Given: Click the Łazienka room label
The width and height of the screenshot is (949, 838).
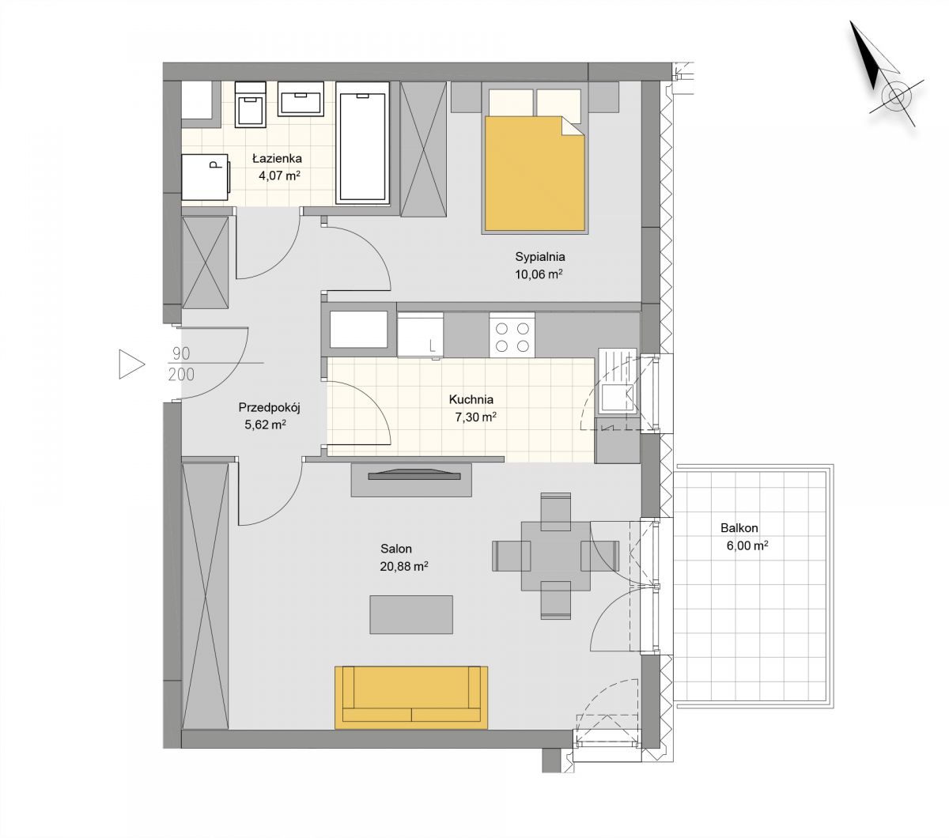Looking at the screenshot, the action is point(277,158).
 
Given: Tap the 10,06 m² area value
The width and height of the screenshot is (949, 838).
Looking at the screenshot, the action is point(539,274).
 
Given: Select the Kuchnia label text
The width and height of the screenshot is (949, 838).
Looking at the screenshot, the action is point(471,399).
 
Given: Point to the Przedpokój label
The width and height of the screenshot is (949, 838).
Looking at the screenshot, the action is point(269,407).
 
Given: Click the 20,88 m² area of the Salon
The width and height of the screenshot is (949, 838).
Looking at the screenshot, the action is point(404,567).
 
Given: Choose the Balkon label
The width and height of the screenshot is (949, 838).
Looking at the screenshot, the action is point(739,528).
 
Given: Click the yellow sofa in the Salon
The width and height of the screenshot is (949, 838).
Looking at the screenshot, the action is point(410,697).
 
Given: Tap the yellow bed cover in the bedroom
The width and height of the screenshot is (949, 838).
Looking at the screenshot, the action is point(535,174).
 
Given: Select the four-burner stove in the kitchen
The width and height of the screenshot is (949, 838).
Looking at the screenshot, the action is point(512,335).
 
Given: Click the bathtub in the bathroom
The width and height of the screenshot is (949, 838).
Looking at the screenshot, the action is point(362,143).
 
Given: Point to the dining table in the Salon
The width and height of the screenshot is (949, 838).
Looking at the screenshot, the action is point(555,556).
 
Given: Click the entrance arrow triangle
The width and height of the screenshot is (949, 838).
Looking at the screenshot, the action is point(131,364).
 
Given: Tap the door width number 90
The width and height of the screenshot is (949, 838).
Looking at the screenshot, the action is point(181,353).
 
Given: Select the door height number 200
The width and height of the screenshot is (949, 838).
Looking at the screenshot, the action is point(181,374).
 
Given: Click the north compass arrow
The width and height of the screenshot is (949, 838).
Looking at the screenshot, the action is point(867,55).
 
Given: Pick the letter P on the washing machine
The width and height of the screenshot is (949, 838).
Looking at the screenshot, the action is point(214,164).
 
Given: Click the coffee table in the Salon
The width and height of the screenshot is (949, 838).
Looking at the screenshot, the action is point(411,614).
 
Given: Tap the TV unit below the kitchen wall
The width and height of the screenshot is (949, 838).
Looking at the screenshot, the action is point(411,480).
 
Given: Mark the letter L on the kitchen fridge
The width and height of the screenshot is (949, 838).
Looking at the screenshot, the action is point(433,346).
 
